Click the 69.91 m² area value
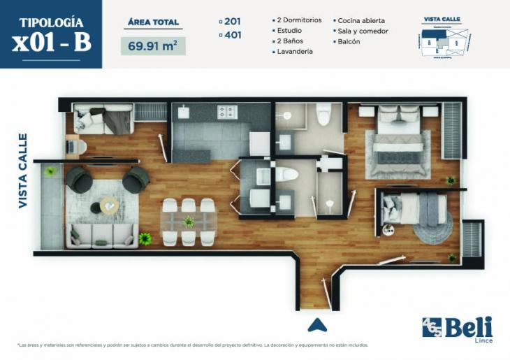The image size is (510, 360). (152, 47)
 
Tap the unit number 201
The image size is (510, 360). (233, 21)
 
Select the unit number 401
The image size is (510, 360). (233, 34)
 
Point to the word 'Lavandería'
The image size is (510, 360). (293, 52)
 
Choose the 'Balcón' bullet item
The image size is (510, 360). (350, 41)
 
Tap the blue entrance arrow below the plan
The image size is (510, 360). (317, 325)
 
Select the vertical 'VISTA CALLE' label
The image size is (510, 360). (23, 171)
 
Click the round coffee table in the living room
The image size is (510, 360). (109, 205)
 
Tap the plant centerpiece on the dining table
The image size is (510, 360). (189, 222)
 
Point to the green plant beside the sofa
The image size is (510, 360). (145, 239)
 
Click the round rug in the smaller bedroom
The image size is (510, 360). (432, 225)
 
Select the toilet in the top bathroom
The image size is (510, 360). (323, 114)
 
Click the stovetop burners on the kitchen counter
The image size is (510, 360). (227, 112)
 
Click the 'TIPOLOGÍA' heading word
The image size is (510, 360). (52, 22)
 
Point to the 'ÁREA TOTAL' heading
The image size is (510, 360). (154, 22)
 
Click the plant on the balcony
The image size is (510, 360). (50, 171)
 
